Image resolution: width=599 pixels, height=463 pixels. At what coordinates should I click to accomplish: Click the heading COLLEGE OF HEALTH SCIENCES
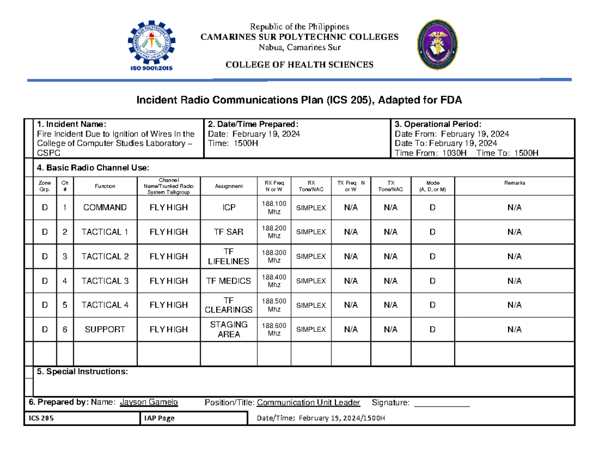coord(299,65)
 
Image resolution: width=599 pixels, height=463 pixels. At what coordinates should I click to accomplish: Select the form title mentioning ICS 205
coord(299,101)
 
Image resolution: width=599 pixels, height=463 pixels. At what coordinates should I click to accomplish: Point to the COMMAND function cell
coord(105,208)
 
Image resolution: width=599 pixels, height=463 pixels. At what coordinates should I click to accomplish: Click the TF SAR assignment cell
coord(229,232)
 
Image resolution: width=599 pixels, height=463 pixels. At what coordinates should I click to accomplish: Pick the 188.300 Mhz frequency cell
coord(274,257)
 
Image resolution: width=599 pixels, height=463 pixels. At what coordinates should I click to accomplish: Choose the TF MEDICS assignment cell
coord(229,281)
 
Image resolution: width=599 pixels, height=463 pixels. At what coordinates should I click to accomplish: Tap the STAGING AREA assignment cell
coord(229,330)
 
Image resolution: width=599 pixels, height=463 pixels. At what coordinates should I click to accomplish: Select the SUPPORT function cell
coord(105,330)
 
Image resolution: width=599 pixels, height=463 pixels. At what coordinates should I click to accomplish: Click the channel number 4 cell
coord(64,281)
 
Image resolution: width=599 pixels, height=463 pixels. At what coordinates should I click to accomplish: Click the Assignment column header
coord(229,186)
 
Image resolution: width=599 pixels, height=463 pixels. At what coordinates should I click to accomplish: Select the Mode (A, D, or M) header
coord(432,186)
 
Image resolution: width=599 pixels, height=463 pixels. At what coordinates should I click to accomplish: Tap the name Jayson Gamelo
coord(149,403)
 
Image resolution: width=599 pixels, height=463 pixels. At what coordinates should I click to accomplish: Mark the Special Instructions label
coord(82,372)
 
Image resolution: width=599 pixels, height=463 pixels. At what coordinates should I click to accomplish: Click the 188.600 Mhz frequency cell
coord(274,330)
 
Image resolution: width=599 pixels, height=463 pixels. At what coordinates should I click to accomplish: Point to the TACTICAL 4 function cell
coord(105,305)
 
